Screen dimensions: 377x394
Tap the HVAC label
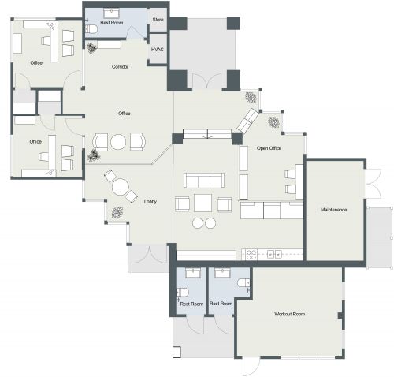pos(158,49)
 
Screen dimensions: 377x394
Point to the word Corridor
pos(121,66)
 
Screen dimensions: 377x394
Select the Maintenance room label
pos(334,210)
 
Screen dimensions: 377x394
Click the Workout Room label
pos(289,314)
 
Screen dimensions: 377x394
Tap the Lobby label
pos(151,201)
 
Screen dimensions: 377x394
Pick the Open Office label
pos(269,148)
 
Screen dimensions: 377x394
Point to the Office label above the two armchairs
pos(124,114)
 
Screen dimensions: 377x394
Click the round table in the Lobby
pos(120,188)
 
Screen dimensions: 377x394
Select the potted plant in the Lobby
pos(117,211)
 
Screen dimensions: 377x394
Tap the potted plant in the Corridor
pos(93,47)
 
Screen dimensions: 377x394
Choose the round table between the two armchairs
pos(118,142)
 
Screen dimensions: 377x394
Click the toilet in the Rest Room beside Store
pos(91,29)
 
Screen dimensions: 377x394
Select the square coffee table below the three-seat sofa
pos(203,203)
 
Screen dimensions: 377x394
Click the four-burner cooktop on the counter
pos(251,254)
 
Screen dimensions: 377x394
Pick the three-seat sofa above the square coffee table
pos(203,181)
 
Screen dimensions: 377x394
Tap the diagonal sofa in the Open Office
pos(248,120)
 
